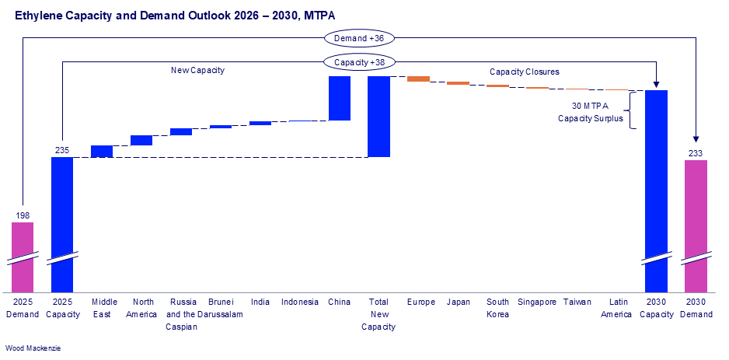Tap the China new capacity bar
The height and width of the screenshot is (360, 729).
(339, 98)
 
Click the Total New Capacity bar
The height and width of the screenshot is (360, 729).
(378, 116)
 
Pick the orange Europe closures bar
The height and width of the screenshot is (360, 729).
(418, 79)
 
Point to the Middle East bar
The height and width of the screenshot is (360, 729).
(102, 152)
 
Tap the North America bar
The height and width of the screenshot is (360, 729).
(141, 140)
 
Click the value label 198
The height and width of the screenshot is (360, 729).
(23, 215)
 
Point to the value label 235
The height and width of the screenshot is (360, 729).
(62, 149)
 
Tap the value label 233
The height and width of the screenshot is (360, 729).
(696, 153)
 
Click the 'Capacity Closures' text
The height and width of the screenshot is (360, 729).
(524, 72)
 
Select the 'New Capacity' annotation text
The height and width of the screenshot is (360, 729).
(197, 70)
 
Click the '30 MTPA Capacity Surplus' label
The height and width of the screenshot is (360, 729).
(591, 112)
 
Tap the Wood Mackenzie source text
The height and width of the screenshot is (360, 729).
(33, 348)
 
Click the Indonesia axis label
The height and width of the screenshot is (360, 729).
(299, 302)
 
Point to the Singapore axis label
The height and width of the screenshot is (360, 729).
(537, 302)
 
